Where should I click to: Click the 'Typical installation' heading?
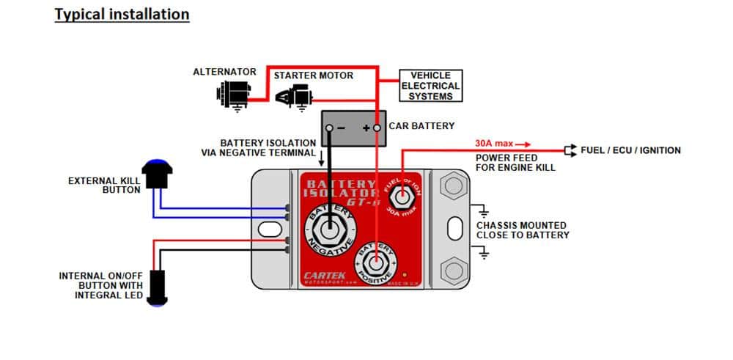coord(122,15)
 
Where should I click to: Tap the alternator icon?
coord(235,93)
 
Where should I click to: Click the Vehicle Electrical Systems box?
coord(430,86)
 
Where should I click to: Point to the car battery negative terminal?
coord(330,128)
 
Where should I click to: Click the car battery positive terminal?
coord(377,128)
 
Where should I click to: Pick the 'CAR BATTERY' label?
coord(421,126)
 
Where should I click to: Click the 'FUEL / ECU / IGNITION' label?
coord(630,150)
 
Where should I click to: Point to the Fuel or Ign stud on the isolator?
coord(402,196)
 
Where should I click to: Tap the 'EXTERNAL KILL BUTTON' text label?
coord(103,185)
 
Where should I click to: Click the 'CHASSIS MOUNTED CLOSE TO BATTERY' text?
coord(521,230)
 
